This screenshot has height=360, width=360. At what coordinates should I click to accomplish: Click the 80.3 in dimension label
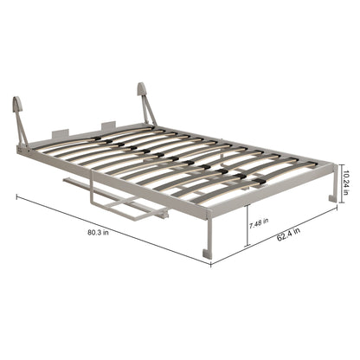pyautogui.click(x=98, y=233)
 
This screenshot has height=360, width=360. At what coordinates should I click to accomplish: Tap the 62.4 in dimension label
pyautogui.click(x=288, y=235)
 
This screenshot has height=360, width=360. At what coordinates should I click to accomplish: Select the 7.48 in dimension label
pyautogui.click(x=259, y=223)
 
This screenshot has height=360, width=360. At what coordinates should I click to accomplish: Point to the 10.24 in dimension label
pyautogui.click(x=346, y=183)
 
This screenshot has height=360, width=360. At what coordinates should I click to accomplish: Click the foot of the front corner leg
pyautogui.click(x=208, y=254)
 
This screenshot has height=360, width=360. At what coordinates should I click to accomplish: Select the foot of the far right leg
pyautogui.click(x=333, y=198)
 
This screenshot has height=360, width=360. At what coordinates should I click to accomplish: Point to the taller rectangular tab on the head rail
pyautogui.click(x=108, y=126)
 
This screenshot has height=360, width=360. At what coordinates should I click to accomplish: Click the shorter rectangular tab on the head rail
pyautogui.click(x=61, y=133)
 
